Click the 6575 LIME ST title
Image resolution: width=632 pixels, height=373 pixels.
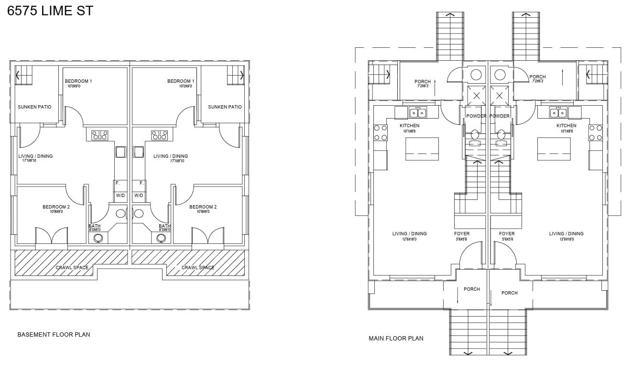click(50, 11)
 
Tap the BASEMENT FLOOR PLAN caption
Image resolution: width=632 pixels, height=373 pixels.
click(54, 335)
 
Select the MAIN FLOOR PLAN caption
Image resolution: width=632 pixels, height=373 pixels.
click(396, 339)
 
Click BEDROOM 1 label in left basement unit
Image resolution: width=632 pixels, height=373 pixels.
click(78, 81)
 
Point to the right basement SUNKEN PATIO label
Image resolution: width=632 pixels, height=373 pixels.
click(225, 107)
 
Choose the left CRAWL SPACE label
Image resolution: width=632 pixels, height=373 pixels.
click(72, 268)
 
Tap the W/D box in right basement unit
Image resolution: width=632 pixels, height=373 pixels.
click(139, 196)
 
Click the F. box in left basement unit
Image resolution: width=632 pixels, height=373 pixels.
click(118, 183)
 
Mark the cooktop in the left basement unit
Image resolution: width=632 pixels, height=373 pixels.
click(99, 135)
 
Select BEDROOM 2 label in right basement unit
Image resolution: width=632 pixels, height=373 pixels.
click(203, 207)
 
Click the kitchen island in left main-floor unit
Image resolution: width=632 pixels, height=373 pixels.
click(422, 149)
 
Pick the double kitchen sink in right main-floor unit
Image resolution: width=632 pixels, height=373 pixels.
click(558, 113)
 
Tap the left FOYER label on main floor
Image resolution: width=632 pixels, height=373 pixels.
click(462, 234)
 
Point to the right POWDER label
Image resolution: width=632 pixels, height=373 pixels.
click(500, 116)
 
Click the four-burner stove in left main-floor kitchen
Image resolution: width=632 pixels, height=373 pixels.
click(380, 132)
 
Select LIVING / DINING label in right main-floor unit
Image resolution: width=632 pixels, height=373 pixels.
click(566, 234)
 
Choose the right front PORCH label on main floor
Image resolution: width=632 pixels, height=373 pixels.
click(510, 293)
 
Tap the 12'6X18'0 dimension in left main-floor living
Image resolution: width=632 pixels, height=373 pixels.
click(409, 239)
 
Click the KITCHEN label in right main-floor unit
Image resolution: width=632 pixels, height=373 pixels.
click(566, 126)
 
